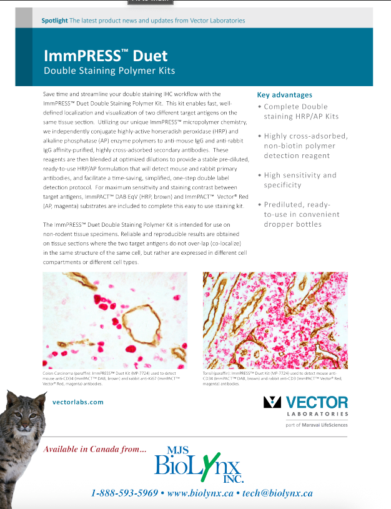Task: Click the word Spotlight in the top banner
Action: pos(54,21)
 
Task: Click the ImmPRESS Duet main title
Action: pos(106,56)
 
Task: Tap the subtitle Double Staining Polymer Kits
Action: pos(109,71)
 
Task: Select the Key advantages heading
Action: pos(284,95)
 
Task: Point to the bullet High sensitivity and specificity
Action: pos(300,180)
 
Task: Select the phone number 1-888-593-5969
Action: pos(124,493)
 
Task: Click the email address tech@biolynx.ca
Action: pos(277,493)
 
